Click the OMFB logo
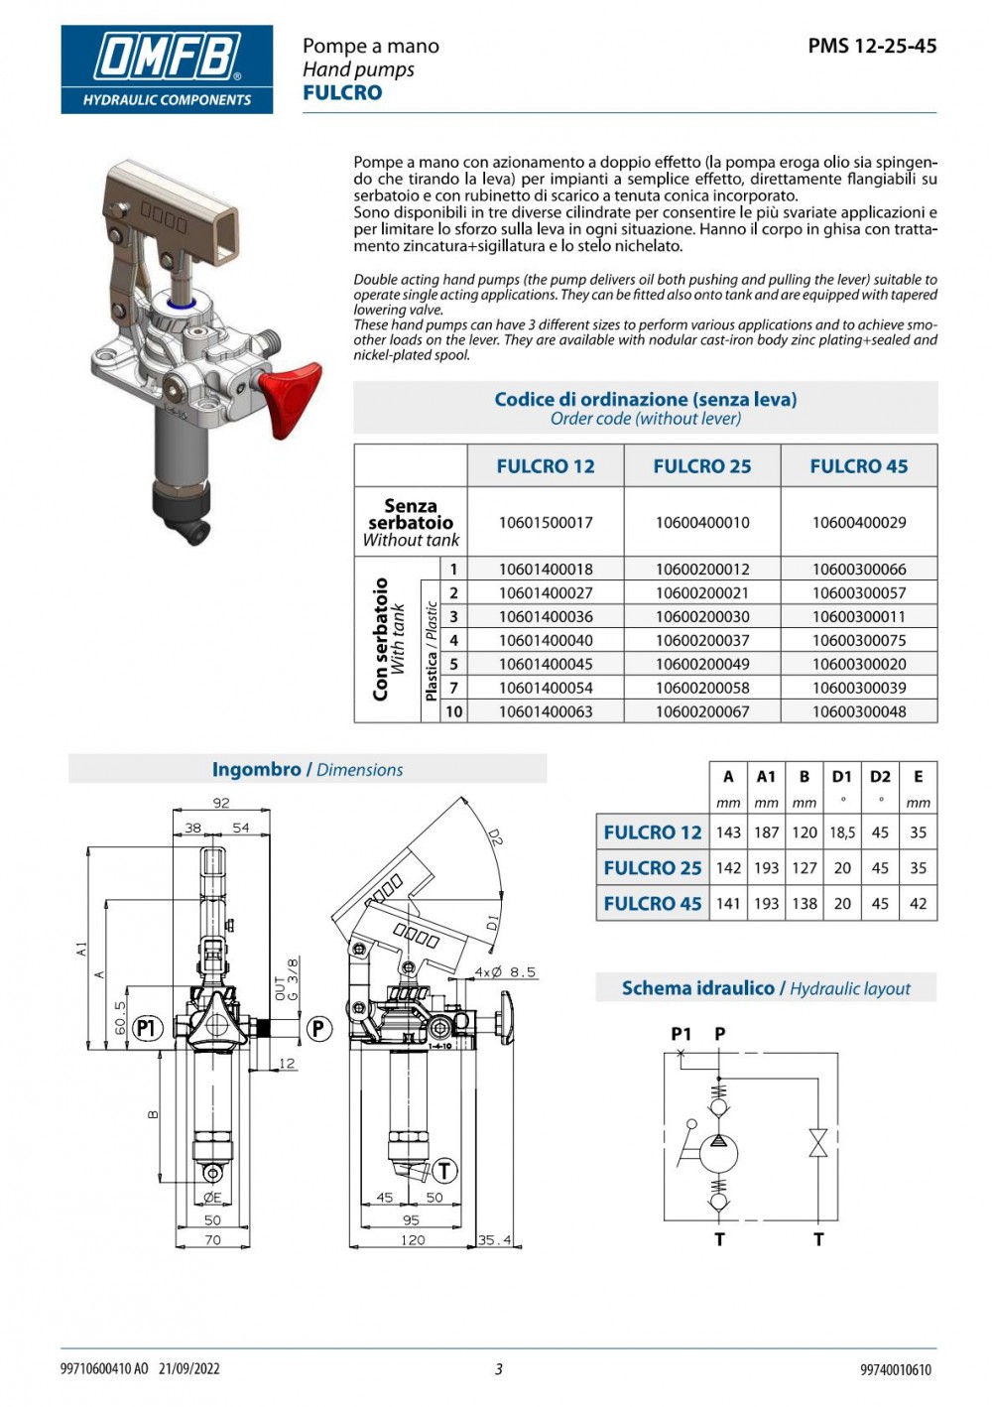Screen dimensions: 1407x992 (x=167, y=68)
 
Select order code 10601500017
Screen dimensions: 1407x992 (x=546, y=522)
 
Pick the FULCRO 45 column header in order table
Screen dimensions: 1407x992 (x=858, y=466)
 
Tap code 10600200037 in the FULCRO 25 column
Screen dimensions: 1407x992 (x=702, y=641)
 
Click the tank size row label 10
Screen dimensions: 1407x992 (x=453, y=711)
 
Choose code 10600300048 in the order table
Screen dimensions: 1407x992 (x=858, y=711)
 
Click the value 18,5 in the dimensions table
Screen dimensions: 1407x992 (x=842, y=832)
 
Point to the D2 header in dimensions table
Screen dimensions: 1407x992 (x=880, y=777)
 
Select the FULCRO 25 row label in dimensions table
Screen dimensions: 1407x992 (x=652, y=868)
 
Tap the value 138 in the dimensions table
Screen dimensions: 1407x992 (x=805, y=904)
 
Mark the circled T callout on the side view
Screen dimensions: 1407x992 (x=444, y=1171)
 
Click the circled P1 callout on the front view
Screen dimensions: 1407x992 (x=147, y=1028)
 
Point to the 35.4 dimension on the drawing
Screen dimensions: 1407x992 (x=494, y=1240)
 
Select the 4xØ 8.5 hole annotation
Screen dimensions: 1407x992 (x=505, y=972)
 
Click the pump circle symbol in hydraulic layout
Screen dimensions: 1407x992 (x=719, y=1153)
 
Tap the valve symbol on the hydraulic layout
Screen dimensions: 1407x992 (x=818, y=1143)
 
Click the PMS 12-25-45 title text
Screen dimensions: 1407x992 (x=872, y=46)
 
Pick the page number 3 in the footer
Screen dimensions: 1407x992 (x=498, y=1369)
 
